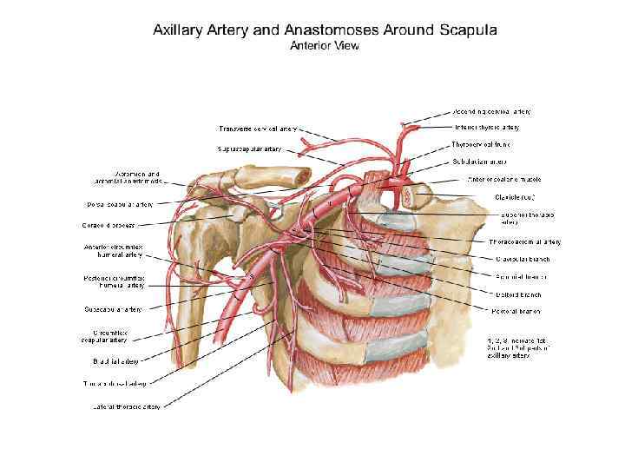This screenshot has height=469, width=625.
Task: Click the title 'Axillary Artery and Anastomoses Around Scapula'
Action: click(325, 29)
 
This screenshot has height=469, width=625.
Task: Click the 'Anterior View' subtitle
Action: click(324, 46)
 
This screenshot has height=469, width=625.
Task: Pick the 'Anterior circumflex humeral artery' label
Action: click(120, 250)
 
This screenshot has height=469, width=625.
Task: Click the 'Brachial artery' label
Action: click(112, 360)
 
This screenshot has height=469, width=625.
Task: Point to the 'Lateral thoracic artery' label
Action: click(127, 406)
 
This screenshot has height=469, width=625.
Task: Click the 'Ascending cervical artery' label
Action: click(491, 112)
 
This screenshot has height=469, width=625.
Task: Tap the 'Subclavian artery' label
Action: click(480, 162)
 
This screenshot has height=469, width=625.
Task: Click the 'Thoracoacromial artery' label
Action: click(524, 241)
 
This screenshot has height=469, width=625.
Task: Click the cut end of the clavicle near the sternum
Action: click(409, 196)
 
